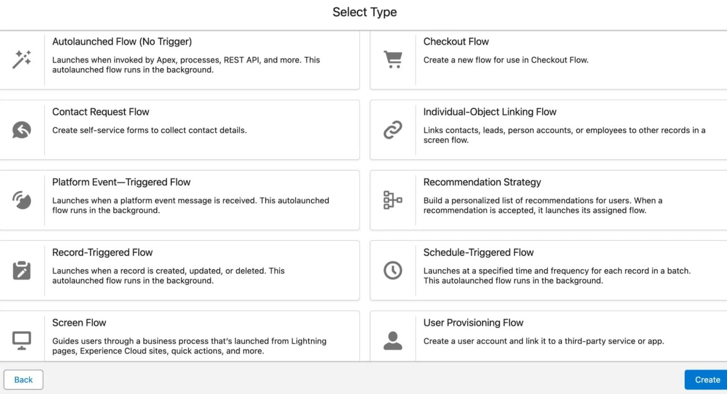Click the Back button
[x=23, y=379]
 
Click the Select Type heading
[x=364, y=12]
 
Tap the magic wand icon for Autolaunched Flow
[x=22, y=60]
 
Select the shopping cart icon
[x=393, y=60]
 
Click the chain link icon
[x=393, y=130]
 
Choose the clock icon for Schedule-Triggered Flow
[x=393, y=270]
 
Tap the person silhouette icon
[x=393, y=341]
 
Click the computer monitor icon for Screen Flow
[x=22, y=341]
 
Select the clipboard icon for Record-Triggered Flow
[x=22, y=270]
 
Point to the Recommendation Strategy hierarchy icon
[x=393, y=200]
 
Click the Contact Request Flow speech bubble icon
[x=22, y=130]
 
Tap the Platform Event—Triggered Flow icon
[x=22, y=200]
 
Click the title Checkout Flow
[x=456, y=42]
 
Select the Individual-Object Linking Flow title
[x=490, y=112]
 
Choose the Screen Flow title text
[x=79, y=323]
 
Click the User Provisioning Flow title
[x=473, y=323]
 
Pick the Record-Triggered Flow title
[x=102, y=252]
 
